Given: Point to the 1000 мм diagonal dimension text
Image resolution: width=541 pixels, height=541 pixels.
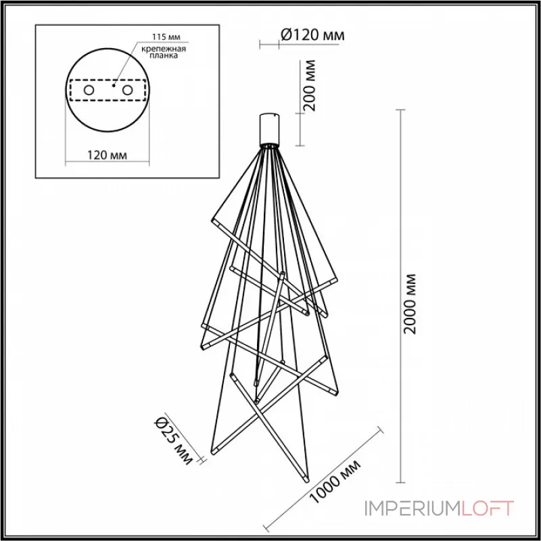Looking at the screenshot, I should (x=337, y=484).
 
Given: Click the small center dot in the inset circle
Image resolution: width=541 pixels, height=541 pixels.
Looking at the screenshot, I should (x=113, y=87).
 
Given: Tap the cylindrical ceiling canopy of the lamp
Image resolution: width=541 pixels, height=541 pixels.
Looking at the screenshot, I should (x=270, y=130).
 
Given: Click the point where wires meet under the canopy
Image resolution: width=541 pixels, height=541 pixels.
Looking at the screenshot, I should (x=270, y=147).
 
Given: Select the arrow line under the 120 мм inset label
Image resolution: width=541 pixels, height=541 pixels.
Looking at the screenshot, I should (x=108, y=163).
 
